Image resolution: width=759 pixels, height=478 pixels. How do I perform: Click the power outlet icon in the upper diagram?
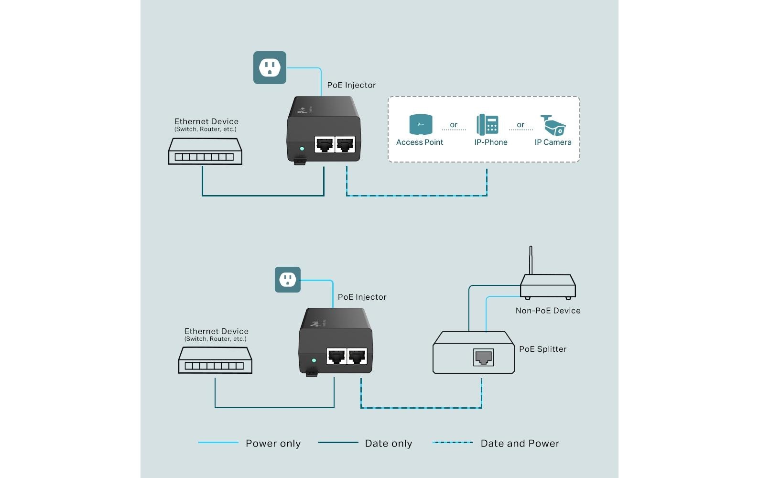[270, 67]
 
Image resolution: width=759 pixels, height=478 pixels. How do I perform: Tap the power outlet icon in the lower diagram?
[287, 280]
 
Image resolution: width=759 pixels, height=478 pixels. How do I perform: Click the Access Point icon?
[421, 124]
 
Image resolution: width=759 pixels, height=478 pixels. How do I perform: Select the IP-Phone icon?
[488, 125]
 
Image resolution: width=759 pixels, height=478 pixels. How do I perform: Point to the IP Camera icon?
[553, 125]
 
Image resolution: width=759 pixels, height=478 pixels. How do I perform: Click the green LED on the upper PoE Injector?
[302, 149]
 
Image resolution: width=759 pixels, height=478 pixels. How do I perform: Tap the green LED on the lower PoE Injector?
[314, 360]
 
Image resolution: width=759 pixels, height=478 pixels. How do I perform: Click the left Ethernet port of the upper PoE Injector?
[325, 144]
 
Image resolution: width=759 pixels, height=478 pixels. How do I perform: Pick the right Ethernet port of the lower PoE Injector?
[357, 357]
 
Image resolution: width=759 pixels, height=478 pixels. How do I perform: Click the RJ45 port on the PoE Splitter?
[483, 357]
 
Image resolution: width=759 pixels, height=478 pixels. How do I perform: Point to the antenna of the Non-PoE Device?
[531, 260]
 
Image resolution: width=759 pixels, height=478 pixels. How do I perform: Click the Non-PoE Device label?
[548, 311]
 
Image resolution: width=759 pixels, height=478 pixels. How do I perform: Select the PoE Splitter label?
[542, 349]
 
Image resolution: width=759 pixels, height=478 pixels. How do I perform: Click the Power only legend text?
[273, 444]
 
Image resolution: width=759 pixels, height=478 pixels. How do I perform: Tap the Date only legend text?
[388, 444]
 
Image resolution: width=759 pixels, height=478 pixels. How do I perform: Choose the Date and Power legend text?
[520, 444]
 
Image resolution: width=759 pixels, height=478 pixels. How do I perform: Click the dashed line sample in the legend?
[452, 443]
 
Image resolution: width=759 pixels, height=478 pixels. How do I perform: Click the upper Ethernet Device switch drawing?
[205, 152]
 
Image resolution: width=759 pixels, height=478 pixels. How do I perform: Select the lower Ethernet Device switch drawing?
[215, 360]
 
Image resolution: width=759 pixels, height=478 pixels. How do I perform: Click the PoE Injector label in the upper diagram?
[351, 85]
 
